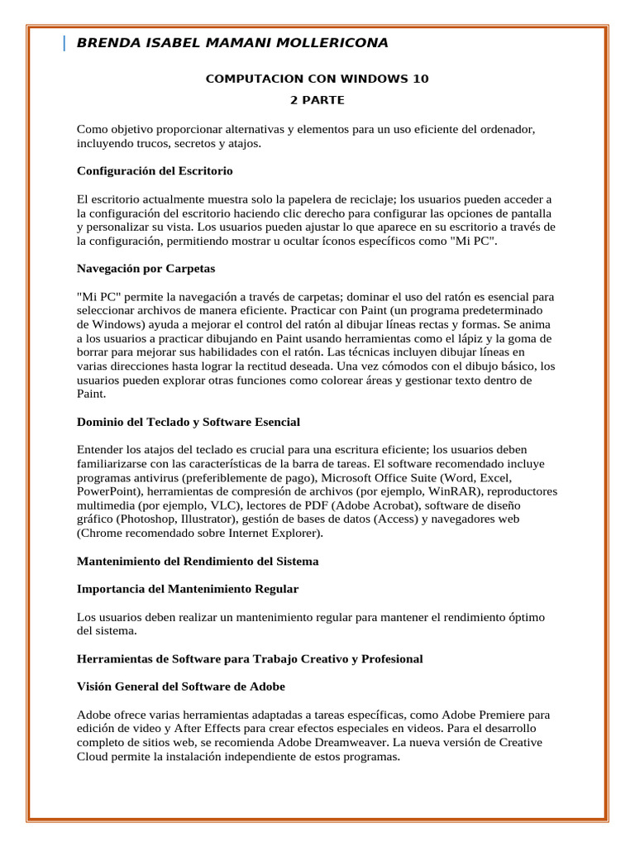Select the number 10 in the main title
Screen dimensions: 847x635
[421, 79]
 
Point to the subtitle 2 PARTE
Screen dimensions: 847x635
[317, 100]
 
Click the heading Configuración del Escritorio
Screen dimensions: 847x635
[155, 171]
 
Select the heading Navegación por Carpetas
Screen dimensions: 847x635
[146, 268]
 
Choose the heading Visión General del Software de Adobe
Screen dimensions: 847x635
[181, 687]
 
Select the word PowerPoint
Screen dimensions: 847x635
[107, 491]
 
